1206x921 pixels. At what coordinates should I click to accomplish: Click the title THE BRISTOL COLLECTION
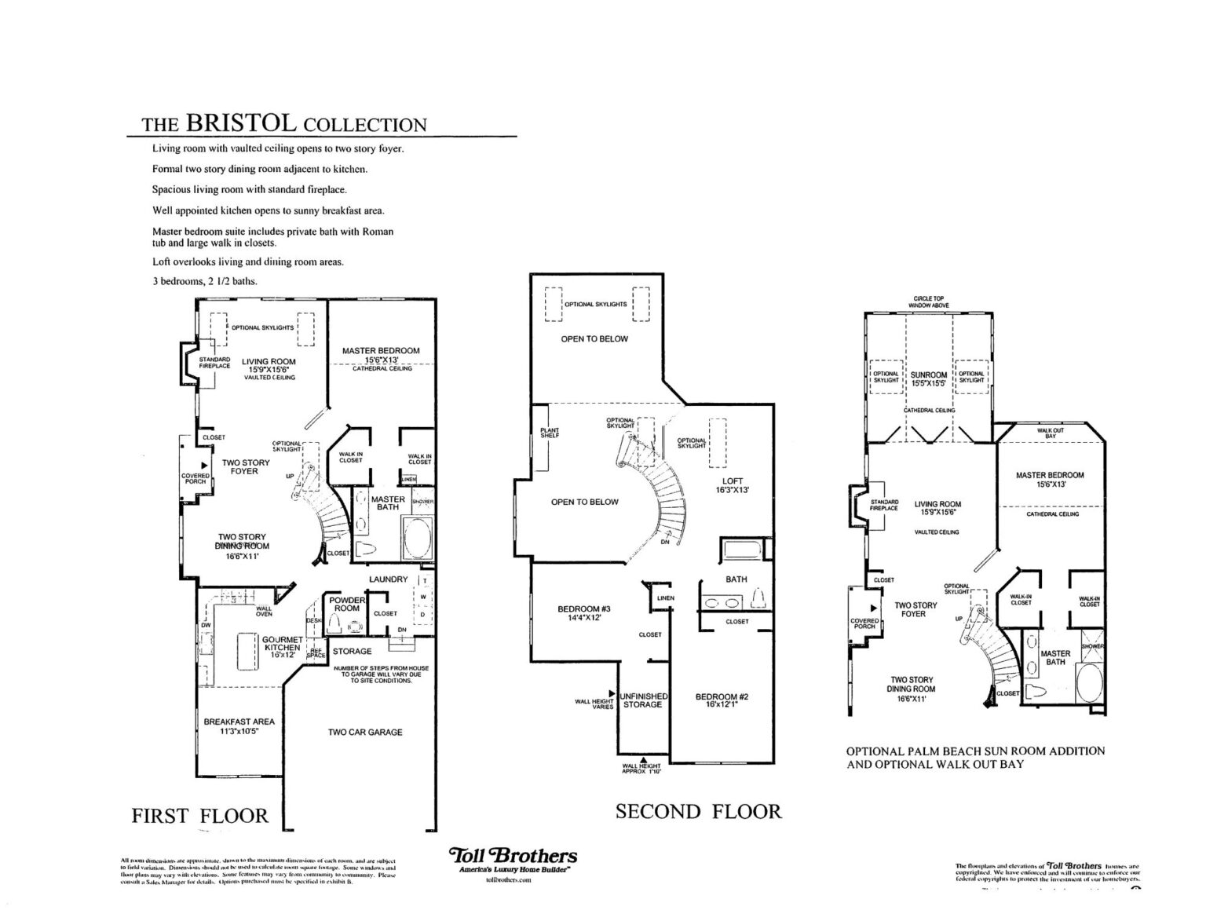(283, 123)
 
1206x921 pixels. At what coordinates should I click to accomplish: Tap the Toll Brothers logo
(513, 856)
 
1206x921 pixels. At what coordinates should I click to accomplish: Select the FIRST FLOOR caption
(199, 816)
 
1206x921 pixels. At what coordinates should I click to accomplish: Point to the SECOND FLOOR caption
(698, 811)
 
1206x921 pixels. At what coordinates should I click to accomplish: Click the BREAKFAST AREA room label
(239, 725)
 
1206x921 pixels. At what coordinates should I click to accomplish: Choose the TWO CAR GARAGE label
(365, 732)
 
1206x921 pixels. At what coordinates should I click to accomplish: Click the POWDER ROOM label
(347, 604)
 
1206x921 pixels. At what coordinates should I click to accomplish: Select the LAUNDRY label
(389, 579)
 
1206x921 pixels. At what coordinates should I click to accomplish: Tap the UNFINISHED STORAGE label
(643, 700)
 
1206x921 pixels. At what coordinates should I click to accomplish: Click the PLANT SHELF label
(550, 433)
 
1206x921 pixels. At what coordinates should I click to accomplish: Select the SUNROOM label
(928, 379)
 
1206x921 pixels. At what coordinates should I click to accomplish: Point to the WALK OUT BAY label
(1051, 433)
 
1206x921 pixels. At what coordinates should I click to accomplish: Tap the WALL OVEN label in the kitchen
(264, 611)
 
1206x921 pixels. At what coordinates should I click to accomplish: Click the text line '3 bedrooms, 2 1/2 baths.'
(204, 280)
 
